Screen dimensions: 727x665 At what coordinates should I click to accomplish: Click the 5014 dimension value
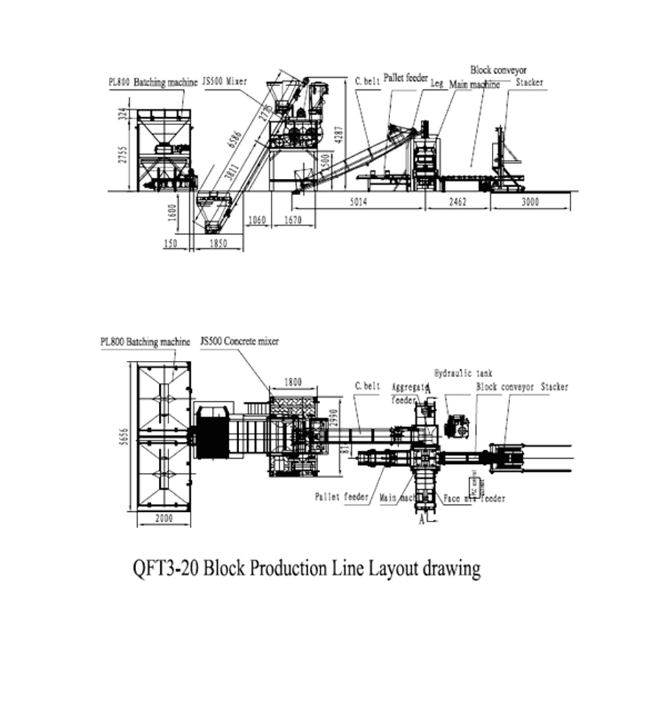click(358, 202)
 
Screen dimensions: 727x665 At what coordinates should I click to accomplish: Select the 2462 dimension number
click(457, 202)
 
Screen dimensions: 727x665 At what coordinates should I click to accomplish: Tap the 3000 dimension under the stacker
click(530, 202)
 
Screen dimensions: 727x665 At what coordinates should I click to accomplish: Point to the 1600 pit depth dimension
click(172, 213)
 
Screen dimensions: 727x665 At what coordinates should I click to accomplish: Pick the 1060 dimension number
click(257, 220)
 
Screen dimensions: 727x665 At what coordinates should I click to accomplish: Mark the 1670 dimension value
click(293, 220)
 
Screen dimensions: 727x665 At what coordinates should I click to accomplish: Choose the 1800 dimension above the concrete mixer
click(293, 383)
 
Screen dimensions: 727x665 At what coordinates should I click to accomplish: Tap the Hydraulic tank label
click(463, 373)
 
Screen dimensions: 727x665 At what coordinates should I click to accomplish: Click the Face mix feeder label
click(474, 498)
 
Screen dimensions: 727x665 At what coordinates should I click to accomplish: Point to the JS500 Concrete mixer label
click(239, 341)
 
